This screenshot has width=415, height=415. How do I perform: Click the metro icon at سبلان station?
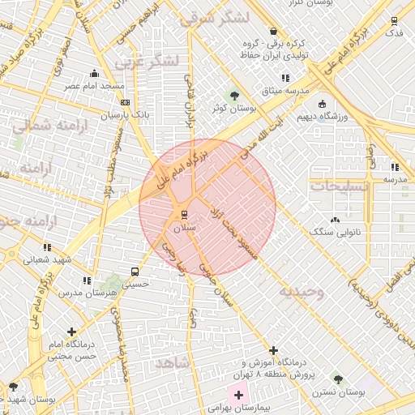point(185,214)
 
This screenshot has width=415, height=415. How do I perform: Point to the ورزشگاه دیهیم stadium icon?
point(322,104)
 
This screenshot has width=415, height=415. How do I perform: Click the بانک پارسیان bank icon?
point(125,102)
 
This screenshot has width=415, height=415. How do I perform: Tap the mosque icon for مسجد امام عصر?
point(96,73)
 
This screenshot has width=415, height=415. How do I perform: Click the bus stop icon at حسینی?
point(134,272)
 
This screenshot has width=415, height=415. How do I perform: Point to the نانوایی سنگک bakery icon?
point(335,220)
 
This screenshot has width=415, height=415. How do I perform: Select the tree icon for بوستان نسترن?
point(338,379)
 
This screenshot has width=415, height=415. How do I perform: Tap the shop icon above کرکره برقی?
point(273,30)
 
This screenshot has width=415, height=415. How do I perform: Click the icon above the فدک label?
point(395,20)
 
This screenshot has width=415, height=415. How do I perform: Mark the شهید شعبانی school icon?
point(47,246)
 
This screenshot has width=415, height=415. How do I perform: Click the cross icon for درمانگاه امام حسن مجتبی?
point(72,332)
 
